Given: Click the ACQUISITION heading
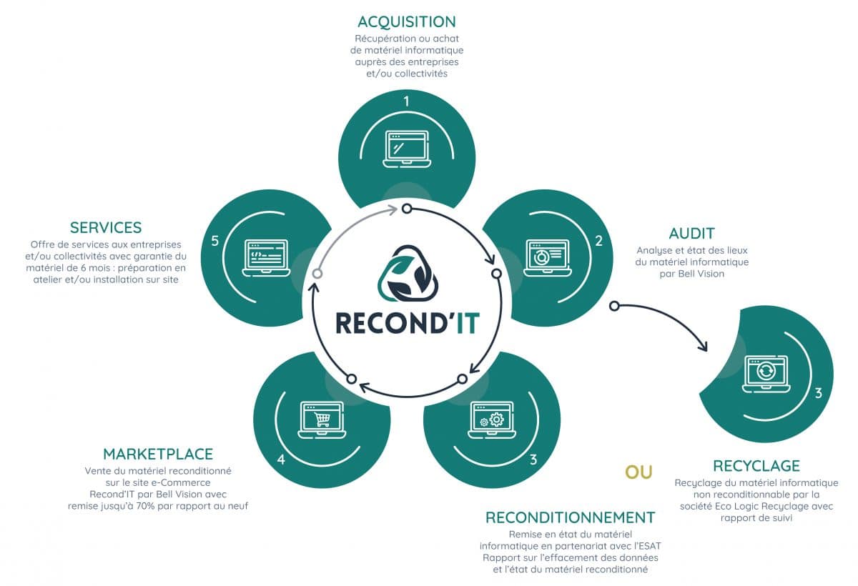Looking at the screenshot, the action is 407,22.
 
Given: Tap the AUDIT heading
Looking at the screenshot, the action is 692,234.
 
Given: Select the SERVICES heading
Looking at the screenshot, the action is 106,228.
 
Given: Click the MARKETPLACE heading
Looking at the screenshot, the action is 158,455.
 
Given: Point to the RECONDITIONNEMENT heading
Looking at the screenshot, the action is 571,518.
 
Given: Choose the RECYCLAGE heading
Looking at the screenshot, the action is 756,466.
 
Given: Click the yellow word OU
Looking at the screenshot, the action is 638,472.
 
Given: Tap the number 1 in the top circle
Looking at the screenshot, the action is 406,101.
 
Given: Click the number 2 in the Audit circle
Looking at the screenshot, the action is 598,241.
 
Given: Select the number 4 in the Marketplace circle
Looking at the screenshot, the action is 281,460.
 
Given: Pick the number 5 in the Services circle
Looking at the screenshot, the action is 215,241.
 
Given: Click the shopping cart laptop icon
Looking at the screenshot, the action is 322,420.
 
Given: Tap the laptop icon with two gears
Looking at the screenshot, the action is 492,420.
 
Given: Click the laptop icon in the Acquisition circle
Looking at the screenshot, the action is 407,149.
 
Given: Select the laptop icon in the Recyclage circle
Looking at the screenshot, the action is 766,374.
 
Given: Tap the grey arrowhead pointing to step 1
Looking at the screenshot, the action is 393,210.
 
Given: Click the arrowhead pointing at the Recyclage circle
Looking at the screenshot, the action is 702,346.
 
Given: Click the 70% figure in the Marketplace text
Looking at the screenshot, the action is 145,506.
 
